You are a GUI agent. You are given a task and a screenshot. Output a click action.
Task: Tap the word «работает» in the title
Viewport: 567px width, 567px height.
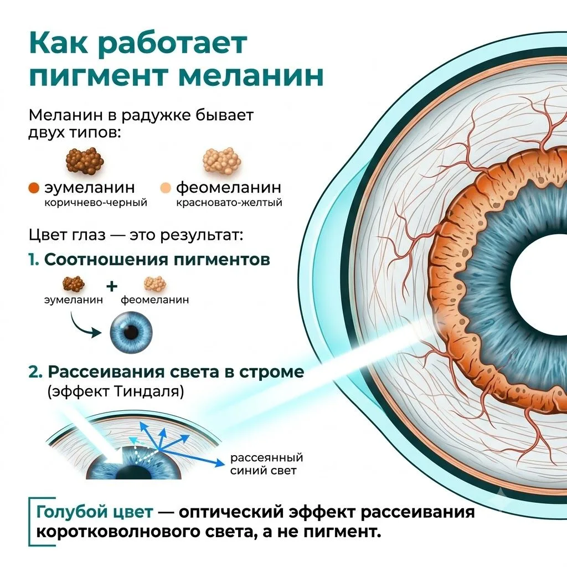[x=173, y=43]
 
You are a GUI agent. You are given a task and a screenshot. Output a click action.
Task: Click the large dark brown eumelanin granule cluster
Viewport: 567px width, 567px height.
[x=85, y=161]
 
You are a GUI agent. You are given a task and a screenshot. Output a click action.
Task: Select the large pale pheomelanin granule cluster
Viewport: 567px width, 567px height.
[x=221, y=161]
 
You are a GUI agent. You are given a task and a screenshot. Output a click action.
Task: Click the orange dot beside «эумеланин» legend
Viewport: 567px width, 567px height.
[x=34, y=188]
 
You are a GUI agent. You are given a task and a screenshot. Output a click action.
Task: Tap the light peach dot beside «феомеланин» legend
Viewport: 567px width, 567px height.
[x=165, y=188]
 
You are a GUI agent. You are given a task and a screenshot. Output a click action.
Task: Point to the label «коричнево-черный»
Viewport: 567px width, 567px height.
[x=96, y=202]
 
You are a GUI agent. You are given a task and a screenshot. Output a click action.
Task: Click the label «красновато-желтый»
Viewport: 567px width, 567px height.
[x=229, y=202]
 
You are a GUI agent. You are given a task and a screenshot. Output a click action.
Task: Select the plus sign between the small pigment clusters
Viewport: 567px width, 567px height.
[x=112, y=286]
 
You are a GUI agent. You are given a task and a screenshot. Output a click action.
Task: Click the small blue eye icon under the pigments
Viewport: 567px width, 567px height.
[x=131, y=332]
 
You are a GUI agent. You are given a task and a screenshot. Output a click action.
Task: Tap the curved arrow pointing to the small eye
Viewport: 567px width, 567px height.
[x=84, y=327]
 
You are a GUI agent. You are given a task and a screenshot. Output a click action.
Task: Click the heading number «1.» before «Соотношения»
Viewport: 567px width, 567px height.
[x=34, y=260]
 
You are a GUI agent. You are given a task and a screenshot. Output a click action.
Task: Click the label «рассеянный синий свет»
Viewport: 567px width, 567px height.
[x=267, y=464]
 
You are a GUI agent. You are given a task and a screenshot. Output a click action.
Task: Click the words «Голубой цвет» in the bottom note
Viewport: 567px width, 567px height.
[x=95, y=512]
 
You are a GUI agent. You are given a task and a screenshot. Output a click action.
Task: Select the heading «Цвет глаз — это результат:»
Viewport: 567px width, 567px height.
[x=136, y=235]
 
